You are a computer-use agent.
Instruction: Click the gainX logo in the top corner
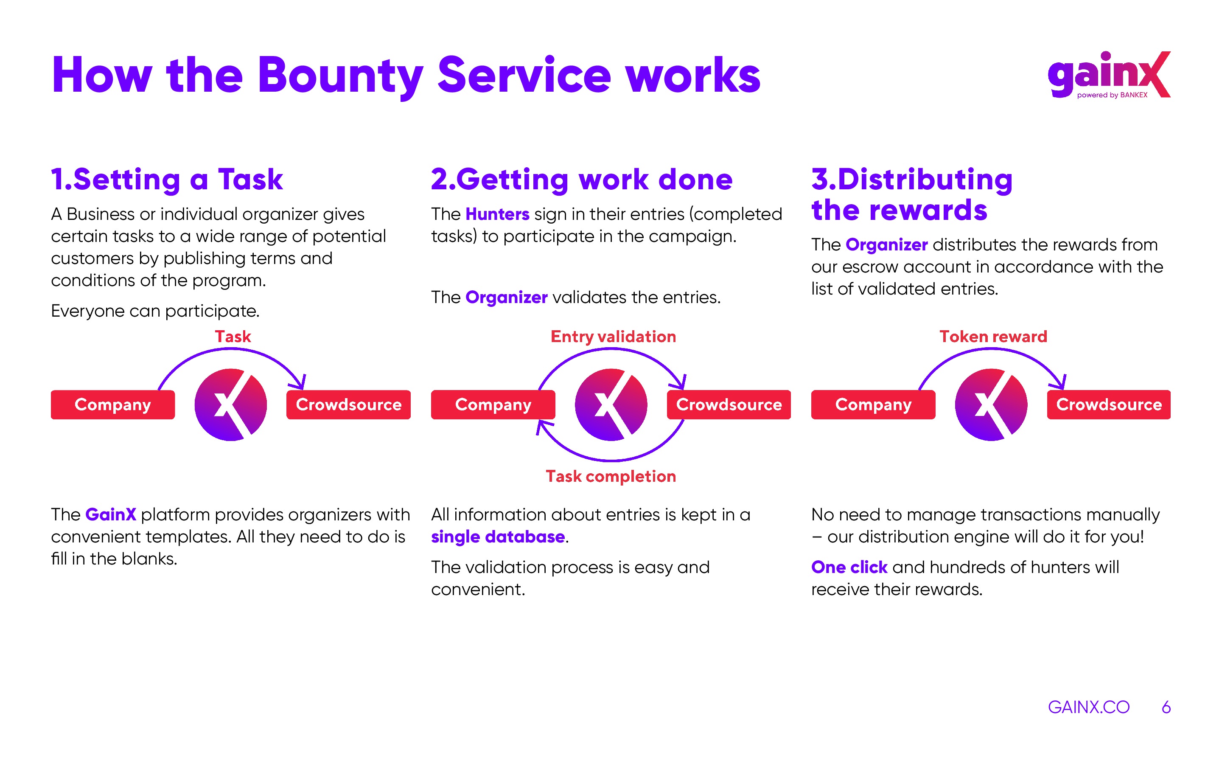click(1109, 75)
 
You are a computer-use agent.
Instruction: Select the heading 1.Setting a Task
click(167, 180)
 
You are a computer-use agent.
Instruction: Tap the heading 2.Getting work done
click(581, 180)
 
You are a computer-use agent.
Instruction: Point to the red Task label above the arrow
click(233, 337)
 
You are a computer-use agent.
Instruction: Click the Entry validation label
click(613, 337)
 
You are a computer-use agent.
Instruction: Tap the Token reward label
click(993, 337)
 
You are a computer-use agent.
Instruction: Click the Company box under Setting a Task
click(112, 405)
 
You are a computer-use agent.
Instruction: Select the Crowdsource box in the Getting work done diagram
click(729, 405)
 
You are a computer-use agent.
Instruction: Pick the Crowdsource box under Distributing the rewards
click(1109, 405)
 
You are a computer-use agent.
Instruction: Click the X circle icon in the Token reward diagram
click(991, 405)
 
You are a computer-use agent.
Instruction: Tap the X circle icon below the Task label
click(231, 405)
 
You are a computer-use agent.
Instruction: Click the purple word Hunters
click(497, 214)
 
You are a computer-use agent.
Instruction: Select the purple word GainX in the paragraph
click(111, 514)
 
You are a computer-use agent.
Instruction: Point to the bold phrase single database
click(498, 536)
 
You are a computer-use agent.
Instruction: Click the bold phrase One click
click(849, 567)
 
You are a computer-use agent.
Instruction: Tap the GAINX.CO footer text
click(1089, 707)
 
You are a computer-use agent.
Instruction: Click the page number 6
click(1166, 707)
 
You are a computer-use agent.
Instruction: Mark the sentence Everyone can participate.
click(155, 311)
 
